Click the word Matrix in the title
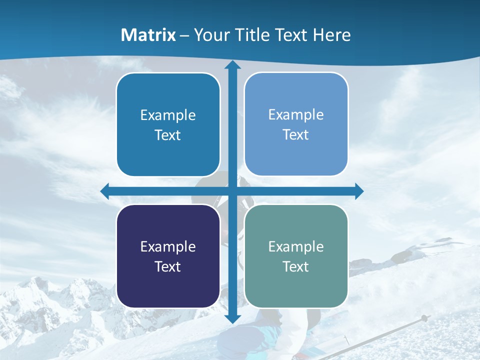(x=148, y=35)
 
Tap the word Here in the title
(x=331, y=35)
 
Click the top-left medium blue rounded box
(x=168, y=124)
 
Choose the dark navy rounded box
(x=168, y=256)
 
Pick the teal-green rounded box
(x=296, y=256)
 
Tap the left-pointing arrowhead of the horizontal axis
(x=105, y=191)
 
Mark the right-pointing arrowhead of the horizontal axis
(x=359, y=191)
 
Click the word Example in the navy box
(x=168, y=246)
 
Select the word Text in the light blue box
(x=296, y=134)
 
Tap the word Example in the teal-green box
(x=296, y=246)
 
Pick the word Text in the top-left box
(x=168, y=135)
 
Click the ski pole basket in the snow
(x=424, y=318)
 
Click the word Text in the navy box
(x=168, y=266)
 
